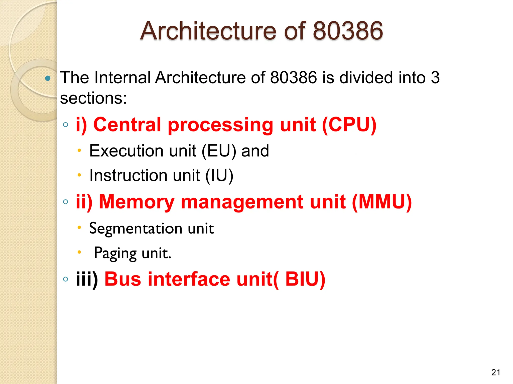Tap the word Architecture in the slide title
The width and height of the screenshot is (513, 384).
pyautogui.click(x=208, y=31)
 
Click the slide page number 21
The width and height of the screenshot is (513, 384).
pyautogui.click(x=496, y=372)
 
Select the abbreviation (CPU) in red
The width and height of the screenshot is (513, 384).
pyautogui.click(x=349, y=125)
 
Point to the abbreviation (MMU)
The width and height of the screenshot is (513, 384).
pyautogui.click(x=382, y=202)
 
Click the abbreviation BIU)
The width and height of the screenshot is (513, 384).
pyautogui.click(x=305, y=279)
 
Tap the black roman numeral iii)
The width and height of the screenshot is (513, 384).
pyautogui.click(x=87, y=279)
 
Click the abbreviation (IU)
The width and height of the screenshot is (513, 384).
pyautogui.click(x=219, y=175)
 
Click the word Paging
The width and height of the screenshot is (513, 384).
pyautogui.click(x=115, y=253)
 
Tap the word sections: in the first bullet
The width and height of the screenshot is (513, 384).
pyautogui.click(x=93, y=98)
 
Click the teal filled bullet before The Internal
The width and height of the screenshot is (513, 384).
pyautogui.click(x=48, y=78)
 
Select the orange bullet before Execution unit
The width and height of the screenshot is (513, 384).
pyautogui.click(x=79, y=150)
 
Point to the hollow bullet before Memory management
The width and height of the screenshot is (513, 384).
pyautogui.click(x=66, y=202)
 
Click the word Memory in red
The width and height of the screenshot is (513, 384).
pyautogui.click(x=137, y=202)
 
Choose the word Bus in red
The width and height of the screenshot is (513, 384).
pyautogui.click(x=123, y=279)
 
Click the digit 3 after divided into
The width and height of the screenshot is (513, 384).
pyautogui.click(x=435, y=77)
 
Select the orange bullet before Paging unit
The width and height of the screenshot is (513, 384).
pyautogui.click(x=79, y=252)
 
